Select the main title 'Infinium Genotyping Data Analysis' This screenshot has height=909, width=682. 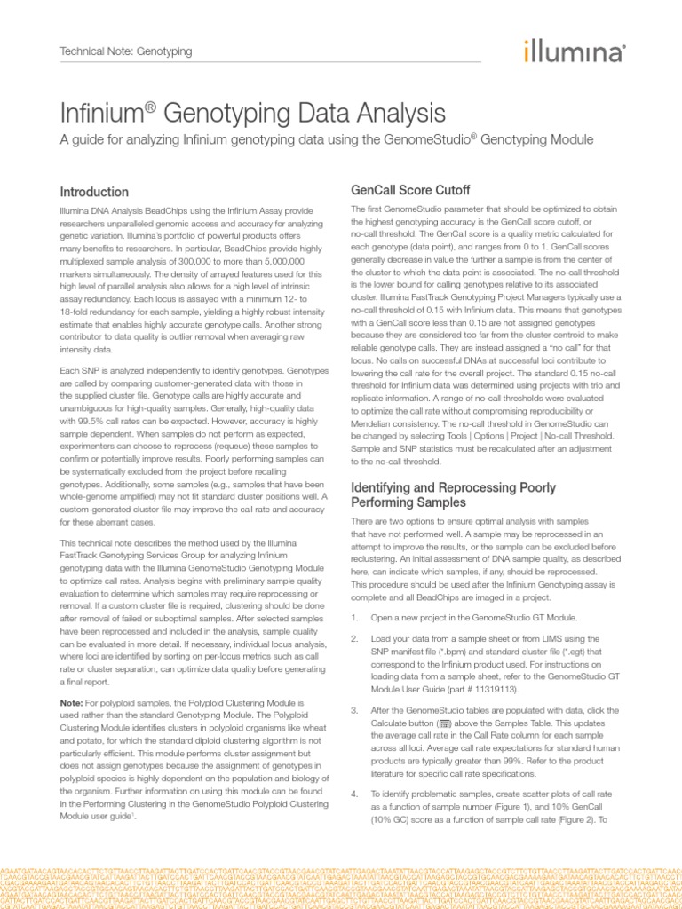[252, 114]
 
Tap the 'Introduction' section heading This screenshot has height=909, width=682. [93, 192]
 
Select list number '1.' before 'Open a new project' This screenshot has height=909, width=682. [354, 617]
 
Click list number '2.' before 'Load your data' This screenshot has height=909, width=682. [354, 638]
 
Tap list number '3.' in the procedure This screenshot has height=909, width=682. [354, 711]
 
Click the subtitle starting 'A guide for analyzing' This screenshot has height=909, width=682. [325, 140]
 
